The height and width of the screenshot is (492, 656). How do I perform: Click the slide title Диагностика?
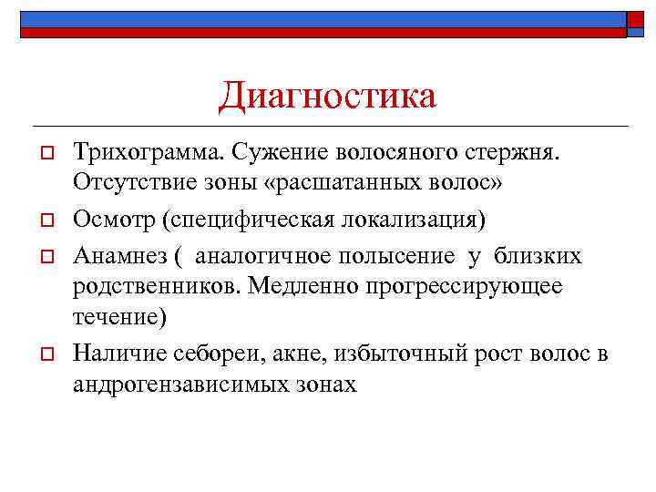click(328, 96)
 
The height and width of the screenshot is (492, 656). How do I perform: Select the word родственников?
click(149, 287)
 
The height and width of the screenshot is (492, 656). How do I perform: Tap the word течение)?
click(118, 319)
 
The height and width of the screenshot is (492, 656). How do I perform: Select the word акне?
click(293, 353)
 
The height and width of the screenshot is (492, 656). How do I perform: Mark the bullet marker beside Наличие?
click(42, 354)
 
